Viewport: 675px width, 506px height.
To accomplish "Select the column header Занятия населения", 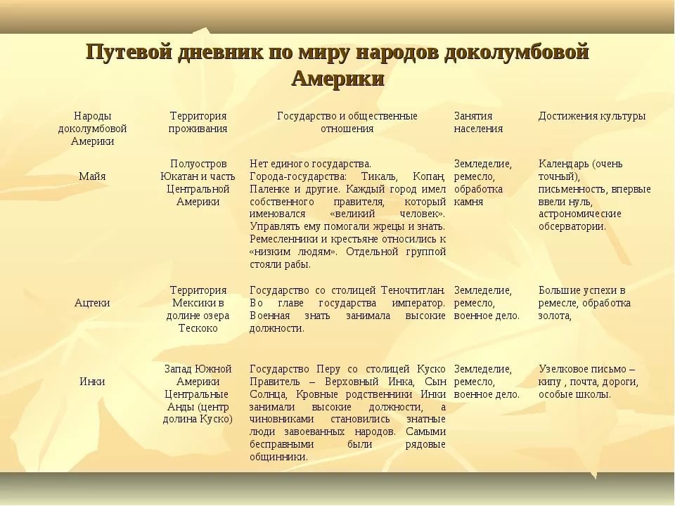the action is point(478,122).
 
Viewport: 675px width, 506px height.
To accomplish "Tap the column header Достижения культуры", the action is point(592,116).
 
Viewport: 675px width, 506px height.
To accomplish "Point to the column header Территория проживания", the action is point(198,122).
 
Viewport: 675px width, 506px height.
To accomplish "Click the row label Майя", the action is point(92,176).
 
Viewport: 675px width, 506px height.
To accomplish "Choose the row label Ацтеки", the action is point(92,303).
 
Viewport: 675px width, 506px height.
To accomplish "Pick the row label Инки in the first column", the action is point(92,382).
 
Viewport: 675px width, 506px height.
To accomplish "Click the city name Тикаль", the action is point(379,176).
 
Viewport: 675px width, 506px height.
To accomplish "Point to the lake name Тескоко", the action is point(198,328).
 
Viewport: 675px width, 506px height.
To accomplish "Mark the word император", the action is point(418,303).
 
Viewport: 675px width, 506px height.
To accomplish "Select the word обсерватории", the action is point(572,226).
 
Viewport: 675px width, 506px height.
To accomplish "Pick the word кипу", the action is point(549,382).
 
